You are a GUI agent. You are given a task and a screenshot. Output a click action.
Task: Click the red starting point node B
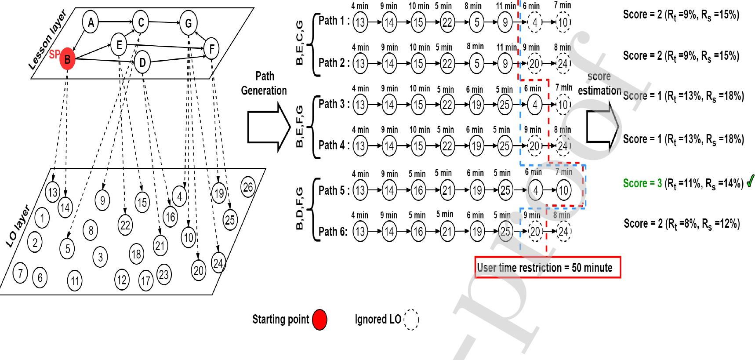[x=67, y=59]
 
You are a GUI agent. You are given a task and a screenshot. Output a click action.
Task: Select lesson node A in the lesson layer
[x=91, y=22]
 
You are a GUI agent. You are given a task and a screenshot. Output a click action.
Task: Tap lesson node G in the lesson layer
[x=188, y=23]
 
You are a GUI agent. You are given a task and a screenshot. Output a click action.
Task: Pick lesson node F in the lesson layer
[x=212, y=49]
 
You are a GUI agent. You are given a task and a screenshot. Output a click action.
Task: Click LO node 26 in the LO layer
[x=248, y=187]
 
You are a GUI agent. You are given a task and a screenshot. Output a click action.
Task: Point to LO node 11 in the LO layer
[x=75, y=280]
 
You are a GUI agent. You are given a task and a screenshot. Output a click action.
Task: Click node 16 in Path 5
[x=418, y=190]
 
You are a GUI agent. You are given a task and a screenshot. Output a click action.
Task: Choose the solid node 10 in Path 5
[x=563, y=190]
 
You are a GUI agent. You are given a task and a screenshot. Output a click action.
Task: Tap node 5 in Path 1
[x=477, y=22]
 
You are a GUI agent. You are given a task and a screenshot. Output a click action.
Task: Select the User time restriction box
[x=548, y=267]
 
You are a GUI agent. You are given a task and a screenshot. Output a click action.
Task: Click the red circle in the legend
[x=319, y=320]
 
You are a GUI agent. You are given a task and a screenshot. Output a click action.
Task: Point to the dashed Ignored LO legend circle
[x=411, y=320]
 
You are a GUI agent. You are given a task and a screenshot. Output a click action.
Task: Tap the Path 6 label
[x=333, y=232]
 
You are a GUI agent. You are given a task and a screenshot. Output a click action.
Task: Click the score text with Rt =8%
[x=681, y=224]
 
